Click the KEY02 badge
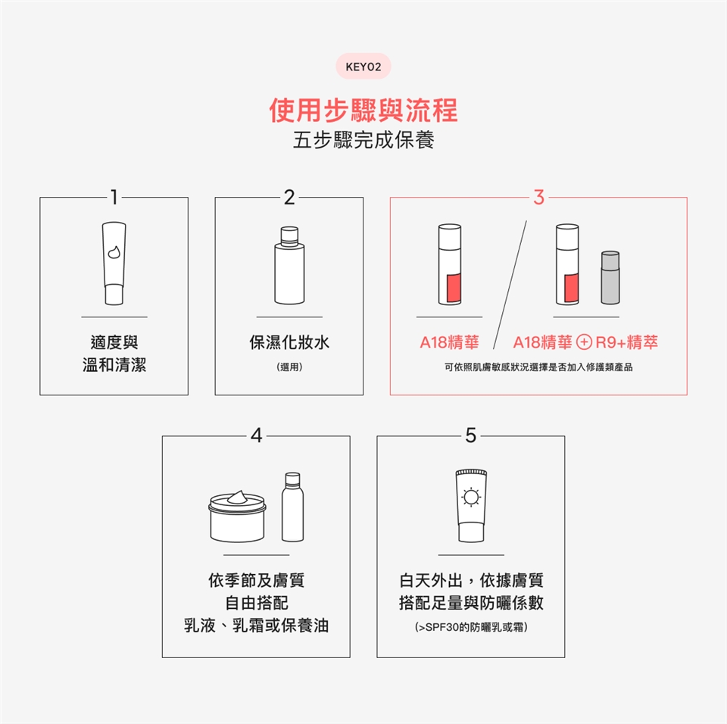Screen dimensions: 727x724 (363, 67)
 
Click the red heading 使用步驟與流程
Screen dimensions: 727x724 (363, 111)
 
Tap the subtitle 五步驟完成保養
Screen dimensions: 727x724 (363, 140)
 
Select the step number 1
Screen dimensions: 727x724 (114, 197)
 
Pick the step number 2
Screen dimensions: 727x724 (289, 197)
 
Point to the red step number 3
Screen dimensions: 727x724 (538, 197)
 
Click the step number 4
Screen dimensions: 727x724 (257, 435)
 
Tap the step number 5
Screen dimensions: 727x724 (470, 435)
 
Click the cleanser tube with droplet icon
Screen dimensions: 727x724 (114, 263)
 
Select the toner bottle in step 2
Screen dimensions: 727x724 (289, 265)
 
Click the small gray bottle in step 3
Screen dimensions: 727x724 (610, 277)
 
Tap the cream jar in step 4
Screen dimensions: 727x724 (237, 516)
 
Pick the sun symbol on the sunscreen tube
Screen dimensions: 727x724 (471, 498)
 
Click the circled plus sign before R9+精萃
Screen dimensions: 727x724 (584, 342)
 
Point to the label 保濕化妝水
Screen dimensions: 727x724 (289, 342)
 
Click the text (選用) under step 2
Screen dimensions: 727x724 (289, 367)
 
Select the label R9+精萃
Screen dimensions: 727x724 (626, 342)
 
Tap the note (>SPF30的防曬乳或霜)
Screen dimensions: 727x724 (471, 627)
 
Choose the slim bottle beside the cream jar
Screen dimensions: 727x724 (292, 507)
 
